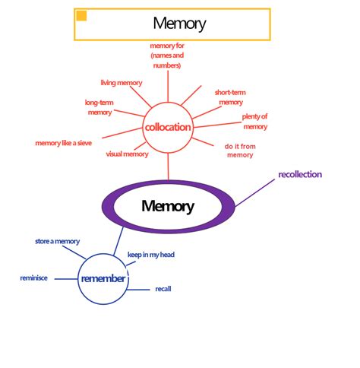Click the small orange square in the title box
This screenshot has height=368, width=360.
[x=82, y=16]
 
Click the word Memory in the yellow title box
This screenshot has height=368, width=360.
[x=179, y=24]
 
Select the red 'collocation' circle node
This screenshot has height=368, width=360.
[x=168, y=127]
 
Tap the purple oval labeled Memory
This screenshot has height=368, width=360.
[x=168, y=205]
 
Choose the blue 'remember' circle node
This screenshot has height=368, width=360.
[x=103, y=279]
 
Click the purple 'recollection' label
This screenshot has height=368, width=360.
[x=300, y=175]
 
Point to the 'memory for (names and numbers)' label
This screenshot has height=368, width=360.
[x=166, y=56]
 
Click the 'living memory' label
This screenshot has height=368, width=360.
[x=122, y=83]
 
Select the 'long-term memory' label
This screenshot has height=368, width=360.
[x=99, y=107]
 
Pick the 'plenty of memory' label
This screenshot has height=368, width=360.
[x=255, y=122]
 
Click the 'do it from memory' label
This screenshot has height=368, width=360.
[x=239, y=150]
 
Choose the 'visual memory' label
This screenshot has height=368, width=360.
[x=127, y=154]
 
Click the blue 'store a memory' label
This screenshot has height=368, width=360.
[x=57, y=242]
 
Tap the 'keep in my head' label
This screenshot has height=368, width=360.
[x=150, y=255]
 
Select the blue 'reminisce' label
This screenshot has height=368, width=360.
[x=33, y=278]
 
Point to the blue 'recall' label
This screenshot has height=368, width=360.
[x=163, y=290]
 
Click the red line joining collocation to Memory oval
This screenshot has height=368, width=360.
[x=169, y=166]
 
